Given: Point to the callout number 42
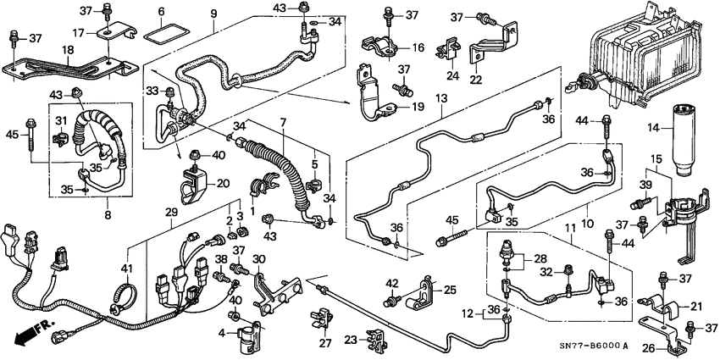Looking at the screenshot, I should point(391,283).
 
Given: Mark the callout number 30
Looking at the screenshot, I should point(259,258).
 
